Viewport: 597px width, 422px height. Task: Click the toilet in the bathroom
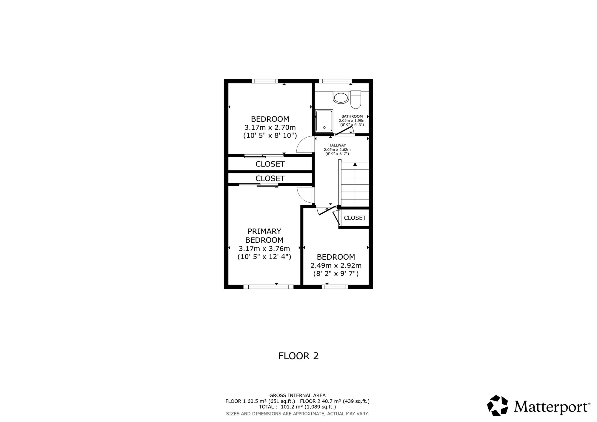coord(356,100)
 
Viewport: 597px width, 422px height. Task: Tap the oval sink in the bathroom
coord(341,98)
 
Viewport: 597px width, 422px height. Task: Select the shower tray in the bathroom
coord(324,120)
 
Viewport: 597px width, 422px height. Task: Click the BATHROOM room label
coord(352,116)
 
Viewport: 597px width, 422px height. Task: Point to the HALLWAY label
coord(337,145)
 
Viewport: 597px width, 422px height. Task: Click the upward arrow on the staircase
coord(355,164)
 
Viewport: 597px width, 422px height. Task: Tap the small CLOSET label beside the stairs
coord(355,218)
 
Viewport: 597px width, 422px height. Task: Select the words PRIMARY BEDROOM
coord(264,235)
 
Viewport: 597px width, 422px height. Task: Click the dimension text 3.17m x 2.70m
coord(270,127)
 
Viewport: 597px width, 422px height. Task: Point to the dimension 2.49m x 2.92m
coord(336,265)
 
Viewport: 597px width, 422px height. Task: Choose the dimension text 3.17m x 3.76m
coord(264,249)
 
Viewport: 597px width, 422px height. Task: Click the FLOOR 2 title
coord(298,356)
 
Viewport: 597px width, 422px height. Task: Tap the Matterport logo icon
coord(498,406)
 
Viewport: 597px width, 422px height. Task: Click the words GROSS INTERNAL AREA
coord(297,395)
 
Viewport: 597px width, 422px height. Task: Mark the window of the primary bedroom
coord(268,287)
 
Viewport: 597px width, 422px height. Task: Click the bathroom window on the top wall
coord(335,81)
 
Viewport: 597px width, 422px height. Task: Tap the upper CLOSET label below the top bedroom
coord(270,164)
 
